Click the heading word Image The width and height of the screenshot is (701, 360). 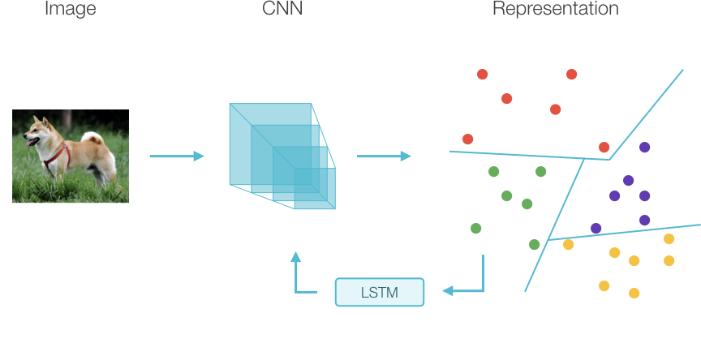pos(71,9)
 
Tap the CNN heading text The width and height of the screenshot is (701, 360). pos(282,8)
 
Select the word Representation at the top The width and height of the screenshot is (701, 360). pos(555,9)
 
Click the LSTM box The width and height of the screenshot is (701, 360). pos(380,292)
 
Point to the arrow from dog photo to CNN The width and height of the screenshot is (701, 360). pos(177,156)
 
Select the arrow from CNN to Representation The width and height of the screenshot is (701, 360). pos(384,156)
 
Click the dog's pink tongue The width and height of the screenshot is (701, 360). pos(30,143)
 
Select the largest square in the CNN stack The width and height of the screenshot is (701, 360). pos(270,144)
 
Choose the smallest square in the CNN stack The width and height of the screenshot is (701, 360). pos(315,188)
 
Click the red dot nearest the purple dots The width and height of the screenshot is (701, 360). pos(604,147)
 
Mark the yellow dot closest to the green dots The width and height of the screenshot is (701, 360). pos(568,244)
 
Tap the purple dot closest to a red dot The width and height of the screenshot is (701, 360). pos(644,147)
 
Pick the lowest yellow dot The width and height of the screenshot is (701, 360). pos(634,293)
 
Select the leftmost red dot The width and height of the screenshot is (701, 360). pos(467,139)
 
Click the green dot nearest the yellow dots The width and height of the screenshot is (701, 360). pos(534,244)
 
